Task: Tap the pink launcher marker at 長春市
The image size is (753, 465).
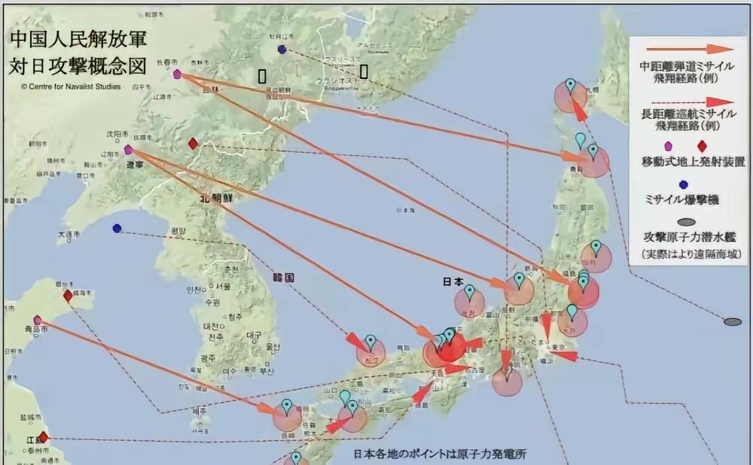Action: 177,74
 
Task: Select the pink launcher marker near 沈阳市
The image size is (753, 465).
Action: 128,150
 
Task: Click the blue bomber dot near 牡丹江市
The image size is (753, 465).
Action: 282,50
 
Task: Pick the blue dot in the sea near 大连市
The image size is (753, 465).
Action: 117,228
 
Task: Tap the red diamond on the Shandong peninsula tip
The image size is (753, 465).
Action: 68,296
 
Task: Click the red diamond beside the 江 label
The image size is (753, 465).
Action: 43,436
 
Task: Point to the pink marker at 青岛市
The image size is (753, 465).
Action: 38,319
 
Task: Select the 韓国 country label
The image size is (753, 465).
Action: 284,278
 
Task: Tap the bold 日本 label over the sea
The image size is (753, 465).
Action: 453,282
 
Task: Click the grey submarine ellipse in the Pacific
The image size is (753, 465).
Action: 732,322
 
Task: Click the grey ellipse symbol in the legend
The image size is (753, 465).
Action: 685,223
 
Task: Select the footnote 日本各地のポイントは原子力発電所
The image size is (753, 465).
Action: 441,454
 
